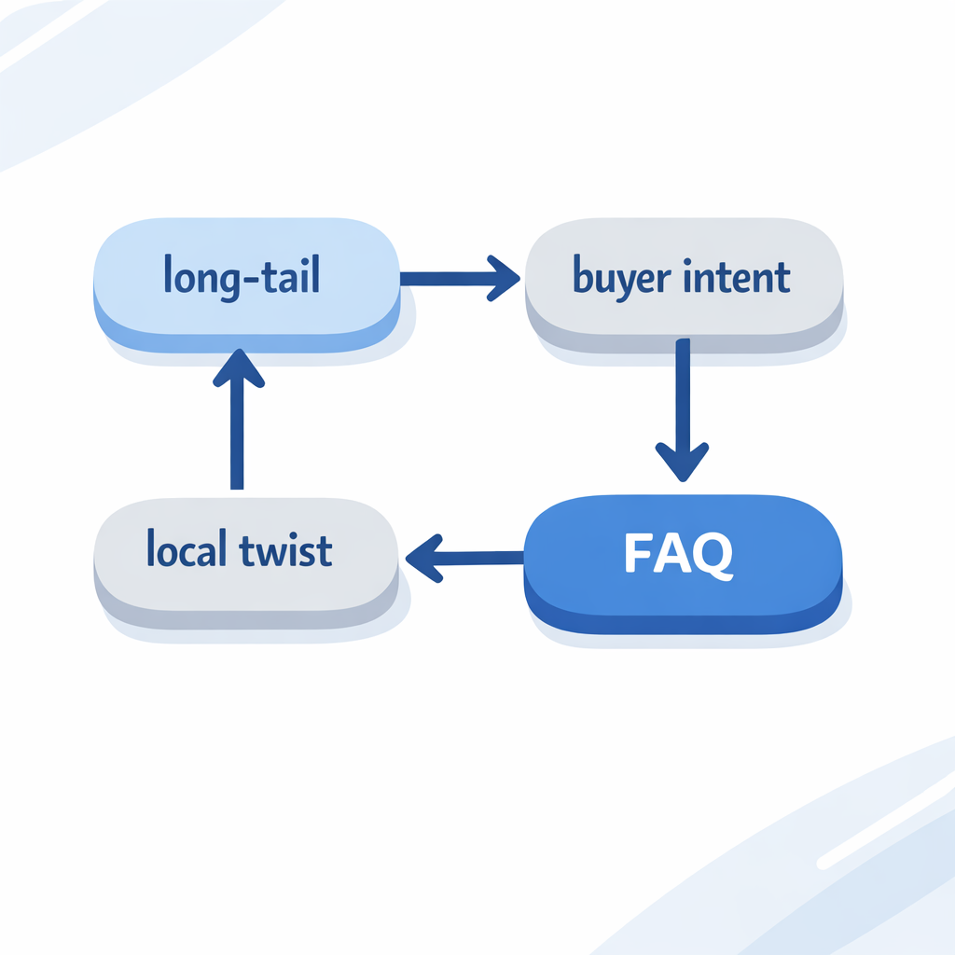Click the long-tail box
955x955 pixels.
246,280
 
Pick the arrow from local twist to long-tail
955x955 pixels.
237,420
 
